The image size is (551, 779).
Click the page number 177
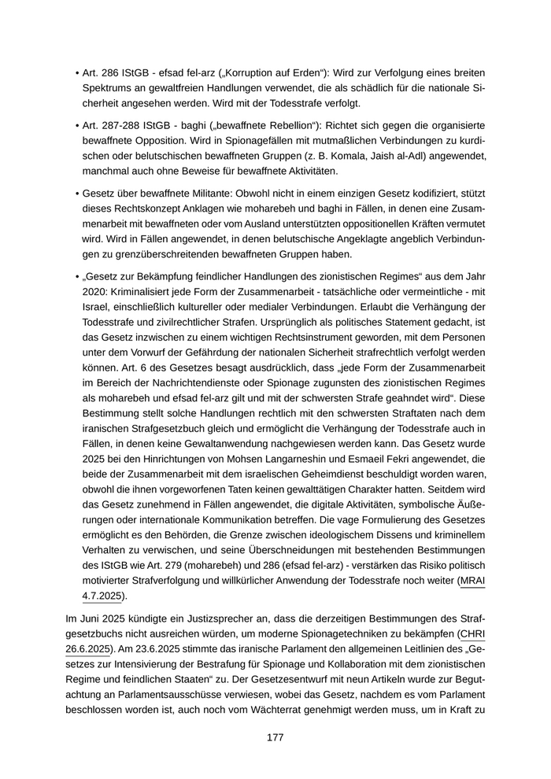click(x=275, y=737)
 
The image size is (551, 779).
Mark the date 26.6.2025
click(x=89, y=649)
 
